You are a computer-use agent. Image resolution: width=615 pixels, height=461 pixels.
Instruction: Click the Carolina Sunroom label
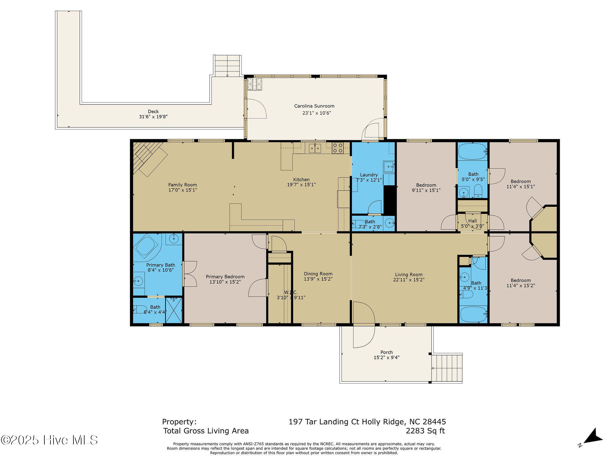[314, 106]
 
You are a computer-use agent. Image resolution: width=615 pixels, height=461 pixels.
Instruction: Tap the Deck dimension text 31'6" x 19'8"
[153, 116]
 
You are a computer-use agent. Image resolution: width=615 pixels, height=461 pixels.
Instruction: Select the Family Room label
[183, 185]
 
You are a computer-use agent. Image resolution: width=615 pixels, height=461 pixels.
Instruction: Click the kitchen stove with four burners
[338, 148]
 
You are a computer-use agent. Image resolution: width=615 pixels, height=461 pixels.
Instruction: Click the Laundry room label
[369, 175]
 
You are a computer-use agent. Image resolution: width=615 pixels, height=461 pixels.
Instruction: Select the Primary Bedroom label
[225, 277]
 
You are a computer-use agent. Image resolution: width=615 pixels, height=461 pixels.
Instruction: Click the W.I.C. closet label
[291, 292]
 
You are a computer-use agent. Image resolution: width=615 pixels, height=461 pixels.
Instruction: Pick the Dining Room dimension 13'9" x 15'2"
[318, 279]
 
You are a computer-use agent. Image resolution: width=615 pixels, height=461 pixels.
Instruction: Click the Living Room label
[409, 274]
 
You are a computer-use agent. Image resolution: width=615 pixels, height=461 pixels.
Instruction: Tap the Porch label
[386, 352]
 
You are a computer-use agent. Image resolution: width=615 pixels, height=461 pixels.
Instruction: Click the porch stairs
[447, 368]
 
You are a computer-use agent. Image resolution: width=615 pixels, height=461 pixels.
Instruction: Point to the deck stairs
[227, 66]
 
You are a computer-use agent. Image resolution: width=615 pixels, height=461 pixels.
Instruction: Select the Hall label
[472, 221]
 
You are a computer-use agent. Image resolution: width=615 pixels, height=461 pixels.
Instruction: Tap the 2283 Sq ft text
[425, 431]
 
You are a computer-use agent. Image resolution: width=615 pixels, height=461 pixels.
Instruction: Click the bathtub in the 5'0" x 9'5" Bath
[472, 152]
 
